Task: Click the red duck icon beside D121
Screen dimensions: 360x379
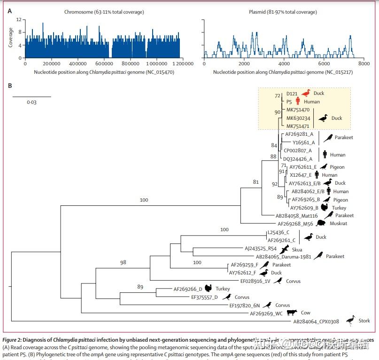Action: tap(306, 93)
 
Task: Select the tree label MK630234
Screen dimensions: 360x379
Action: tap(298, 118)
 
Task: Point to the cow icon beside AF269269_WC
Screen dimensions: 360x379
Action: tap(292, 313)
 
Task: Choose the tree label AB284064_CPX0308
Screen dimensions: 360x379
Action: tap(316, 321)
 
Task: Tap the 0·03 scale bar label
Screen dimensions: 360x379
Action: tap(31, 102)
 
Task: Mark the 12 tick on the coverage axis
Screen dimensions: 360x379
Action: tap(18, 20)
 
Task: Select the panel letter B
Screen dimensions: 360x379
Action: tap(10, 86)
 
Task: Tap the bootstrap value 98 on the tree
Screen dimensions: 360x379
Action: tap(123, 263)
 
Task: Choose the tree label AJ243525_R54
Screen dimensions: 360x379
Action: tap(261, 249)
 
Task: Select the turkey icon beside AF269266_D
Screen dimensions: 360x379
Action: tap(209, 289)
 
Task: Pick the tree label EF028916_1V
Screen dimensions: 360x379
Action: tap(255, 281)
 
